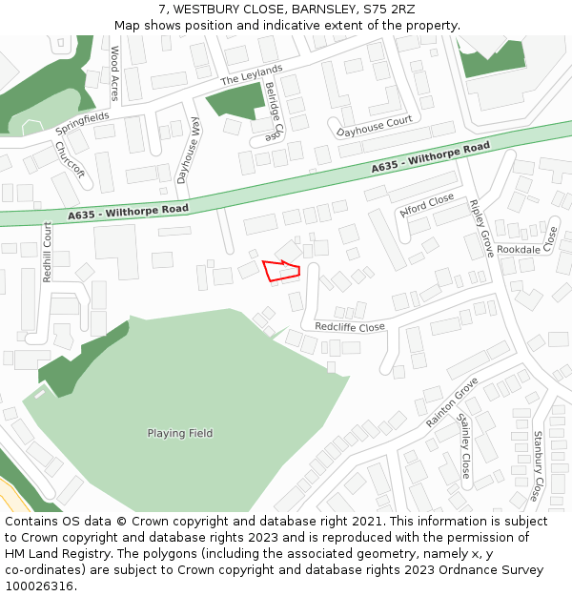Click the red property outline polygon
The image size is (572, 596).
click(x=281, y=271)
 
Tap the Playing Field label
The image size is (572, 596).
click(x=180, y=434)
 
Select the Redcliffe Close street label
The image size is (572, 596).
click(x=350, y=327)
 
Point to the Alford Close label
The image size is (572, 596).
click(x=427, y=207)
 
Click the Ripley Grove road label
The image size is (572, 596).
click(x=481, y=228)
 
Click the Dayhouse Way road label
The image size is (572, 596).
click(x=189, y=151)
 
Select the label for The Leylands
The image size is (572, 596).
click(x=252, y=75)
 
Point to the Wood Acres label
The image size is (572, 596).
click(x=115, y=73)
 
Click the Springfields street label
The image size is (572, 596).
click(x=82, y=122)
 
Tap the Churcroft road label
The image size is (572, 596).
click(x=70, y=160)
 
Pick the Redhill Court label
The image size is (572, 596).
click(x=48, y=251)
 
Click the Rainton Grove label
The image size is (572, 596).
click(x=452, y=401)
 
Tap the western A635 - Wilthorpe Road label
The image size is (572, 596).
click(x=129, y=212)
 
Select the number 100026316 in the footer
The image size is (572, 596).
click(x=41, y=586)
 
